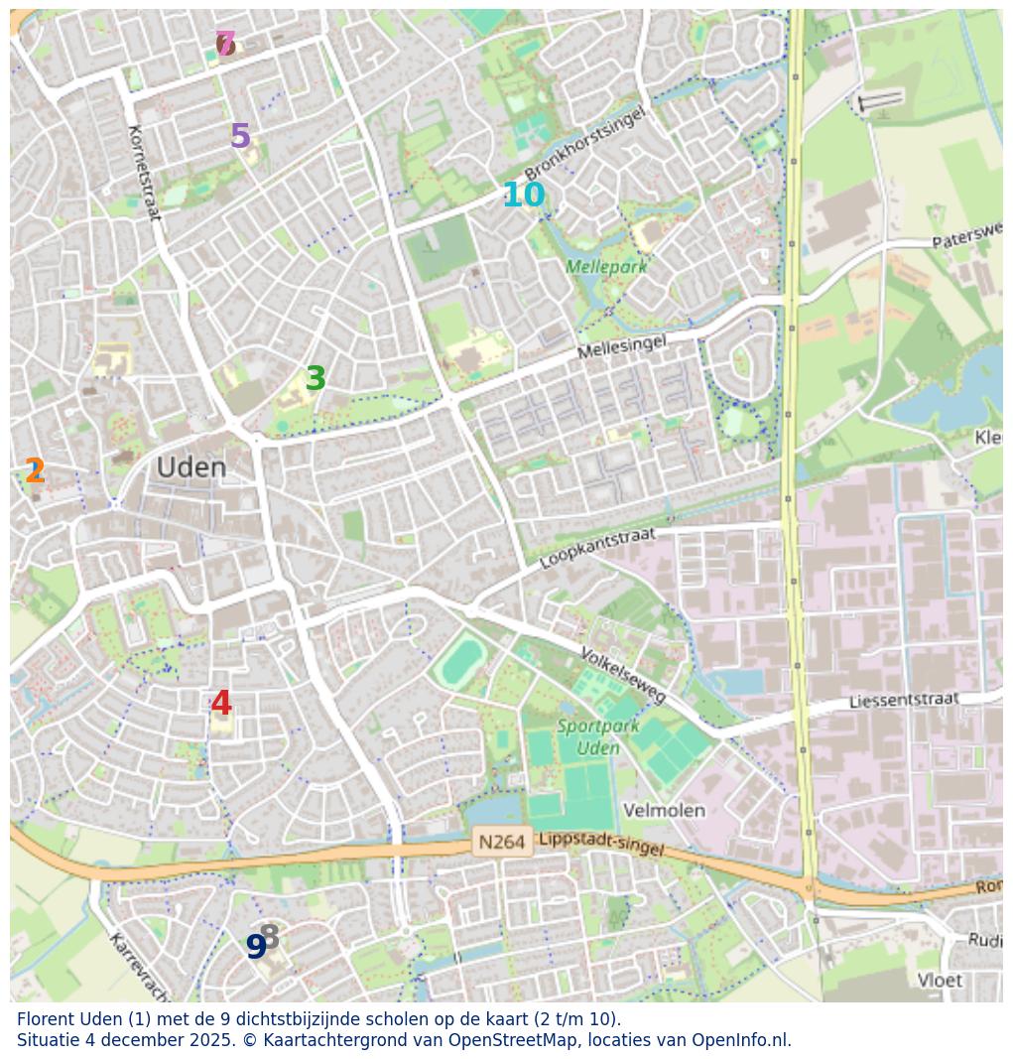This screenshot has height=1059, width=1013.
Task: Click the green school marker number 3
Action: (x=316, y=379)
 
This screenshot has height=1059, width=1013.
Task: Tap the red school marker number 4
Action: (x=221, y=704)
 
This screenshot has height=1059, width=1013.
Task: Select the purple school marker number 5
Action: (x=240, y=136)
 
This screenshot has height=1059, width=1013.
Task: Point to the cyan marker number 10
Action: (x=523, y=196)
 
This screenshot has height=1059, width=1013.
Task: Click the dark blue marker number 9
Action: (x=255, y=947)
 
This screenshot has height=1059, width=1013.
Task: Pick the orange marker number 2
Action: (x=35, y=471)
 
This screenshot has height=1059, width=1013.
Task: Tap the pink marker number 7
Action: (x=226, y=44)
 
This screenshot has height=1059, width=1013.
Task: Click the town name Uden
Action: (x=191, y=467)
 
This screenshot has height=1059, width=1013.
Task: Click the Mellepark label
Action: (x=605, y=267)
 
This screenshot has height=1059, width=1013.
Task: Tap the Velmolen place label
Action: (x=664, y=811)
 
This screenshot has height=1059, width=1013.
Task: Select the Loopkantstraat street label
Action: (x=597, y=549)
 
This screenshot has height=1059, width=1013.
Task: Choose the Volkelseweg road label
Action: (x=623, y=676)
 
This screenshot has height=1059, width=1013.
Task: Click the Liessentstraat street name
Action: (x=904, y=701)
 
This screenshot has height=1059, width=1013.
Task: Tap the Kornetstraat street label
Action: (x=144, y=173)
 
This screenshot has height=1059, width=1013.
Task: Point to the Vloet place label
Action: (x=939, y=981)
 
